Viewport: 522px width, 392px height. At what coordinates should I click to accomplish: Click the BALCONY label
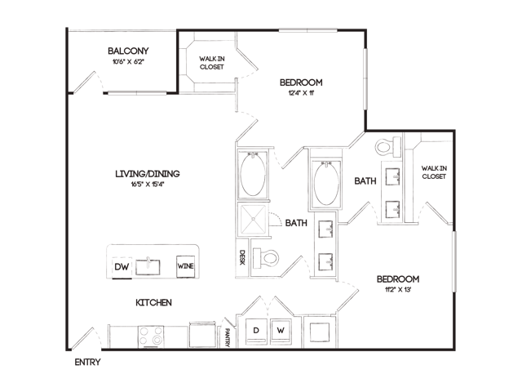pyautogui.click(x=128, y=51)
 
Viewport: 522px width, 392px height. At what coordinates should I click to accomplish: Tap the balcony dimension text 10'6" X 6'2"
pyautogui.click(x=128, y=62)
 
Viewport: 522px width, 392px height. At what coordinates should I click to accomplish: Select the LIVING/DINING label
pyautogui.click(x=148, y=174)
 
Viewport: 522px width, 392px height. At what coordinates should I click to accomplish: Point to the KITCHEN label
pyautogui.click(x=154, y=303)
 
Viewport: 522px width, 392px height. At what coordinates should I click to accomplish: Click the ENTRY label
pyautogui.click(x=87, y=362)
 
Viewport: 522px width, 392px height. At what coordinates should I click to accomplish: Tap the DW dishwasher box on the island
pyautogui.click(x=122, y=267)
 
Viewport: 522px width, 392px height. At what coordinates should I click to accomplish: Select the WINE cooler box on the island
pyautogui.click(x=185, y=266)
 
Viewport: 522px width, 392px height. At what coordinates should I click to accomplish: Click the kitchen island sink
pyautogui.click(x=148, y=267)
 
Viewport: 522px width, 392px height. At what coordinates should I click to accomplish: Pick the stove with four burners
pyautogui.click(x=151, y=336)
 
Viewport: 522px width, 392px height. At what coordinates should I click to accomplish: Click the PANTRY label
pyautogui.click(x=228, y=337)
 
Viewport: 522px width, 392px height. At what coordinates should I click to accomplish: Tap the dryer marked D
pyautogui.click(x=256, y=331)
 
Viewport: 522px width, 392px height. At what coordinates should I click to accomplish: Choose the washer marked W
pyautogui.click(x=281, y=331)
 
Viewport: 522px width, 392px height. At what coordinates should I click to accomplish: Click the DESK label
pyautogui.click(x=242, y=257)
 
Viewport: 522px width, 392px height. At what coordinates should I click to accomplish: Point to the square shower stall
pyautogui.click(x=254, y=219)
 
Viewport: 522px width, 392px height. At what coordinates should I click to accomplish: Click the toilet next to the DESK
pyautogui.click(x=266, y=258)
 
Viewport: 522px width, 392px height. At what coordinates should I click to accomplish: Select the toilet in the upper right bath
pyautogui.click(x=389, y=146)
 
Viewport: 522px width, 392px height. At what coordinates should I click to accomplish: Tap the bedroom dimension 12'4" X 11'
pyautogui.click(x=301, y=93)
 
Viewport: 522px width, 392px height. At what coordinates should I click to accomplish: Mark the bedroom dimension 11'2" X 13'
pyautogui.click(x=398, y=289)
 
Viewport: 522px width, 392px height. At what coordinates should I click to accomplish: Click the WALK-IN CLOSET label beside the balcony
pyautogui.click(x=212, y=63)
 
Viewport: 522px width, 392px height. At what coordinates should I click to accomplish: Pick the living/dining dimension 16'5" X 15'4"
pyautogui.click(x=148, y=185)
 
